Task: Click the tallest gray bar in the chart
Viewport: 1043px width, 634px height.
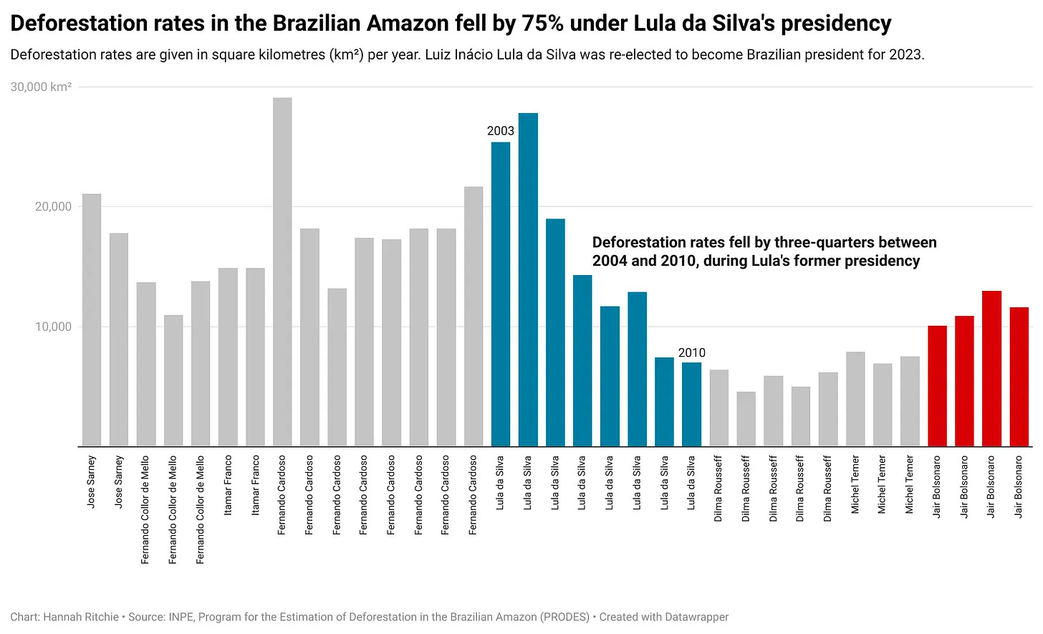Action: tap(282, 272)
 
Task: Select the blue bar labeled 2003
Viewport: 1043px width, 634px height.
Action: tap(501, 294)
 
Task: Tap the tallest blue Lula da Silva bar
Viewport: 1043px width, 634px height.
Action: tap(528, 279)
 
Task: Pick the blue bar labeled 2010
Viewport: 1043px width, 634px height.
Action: tap(691, 404)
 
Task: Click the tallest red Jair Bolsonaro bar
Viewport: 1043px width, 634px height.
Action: tap(991, 368)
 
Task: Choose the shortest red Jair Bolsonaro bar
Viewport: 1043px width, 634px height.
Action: tap(937, 386)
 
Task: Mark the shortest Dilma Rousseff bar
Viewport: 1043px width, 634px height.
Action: tap(746, 419)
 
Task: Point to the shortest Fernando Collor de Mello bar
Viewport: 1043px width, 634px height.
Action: tap(173, 380)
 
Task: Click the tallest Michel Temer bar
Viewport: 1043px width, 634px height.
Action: tap(855, 399)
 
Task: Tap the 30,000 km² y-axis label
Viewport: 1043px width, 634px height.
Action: tap(41, 87)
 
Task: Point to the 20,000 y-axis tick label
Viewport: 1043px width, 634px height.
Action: tap(53, 206)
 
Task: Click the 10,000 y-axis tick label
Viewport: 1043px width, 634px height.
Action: tap(53, 327)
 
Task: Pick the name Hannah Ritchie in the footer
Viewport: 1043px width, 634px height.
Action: tap(81, 617)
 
